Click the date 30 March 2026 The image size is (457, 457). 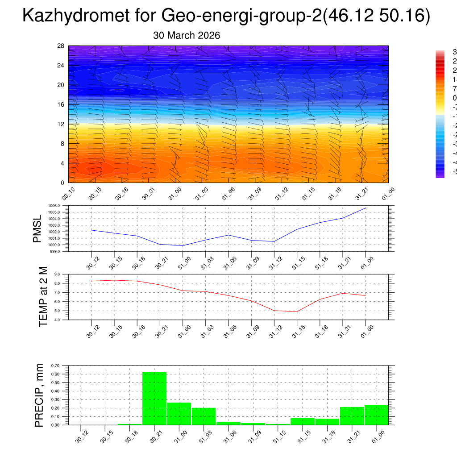(187, 36)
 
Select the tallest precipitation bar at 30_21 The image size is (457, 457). (154, 398)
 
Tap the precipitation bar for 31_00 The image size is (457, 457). (179, 414)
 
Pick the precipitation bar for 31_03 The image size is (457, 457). (204, 416)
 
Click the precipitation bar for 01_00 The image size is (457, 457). (376, 415)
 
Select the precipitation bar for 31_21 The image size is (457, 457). (352, 415)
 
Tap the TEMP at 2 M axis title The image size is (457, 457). (43, 296)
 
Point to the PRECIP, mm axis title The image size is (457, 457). (39, 395)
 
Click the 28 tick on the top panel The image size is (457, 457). (61, 46)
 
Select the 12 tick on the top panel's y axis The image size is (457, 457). (61, 124)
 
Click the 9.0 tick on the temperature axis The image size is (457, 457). (58, 274)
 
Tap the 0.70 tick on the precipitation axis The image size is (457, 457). (55, 366)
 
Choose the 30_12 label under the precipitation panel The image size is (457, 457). (80, 437)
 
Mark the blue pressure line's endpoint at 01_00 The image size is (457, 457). (366, 208)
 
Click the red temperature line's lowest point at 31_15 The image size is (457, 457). (297, 312)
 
